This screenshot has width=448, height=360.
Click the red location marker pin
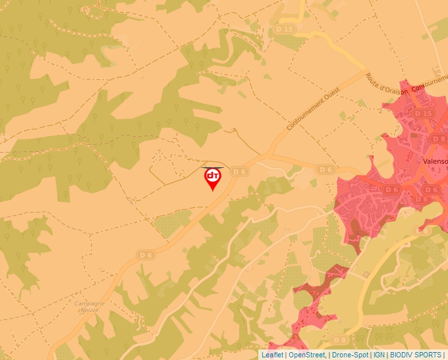click(x=212, y=178)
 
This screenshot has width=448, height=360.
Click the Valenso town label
click(x=435, y=160)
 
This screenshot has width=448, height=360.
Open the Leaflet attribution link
click(x=272, y=355)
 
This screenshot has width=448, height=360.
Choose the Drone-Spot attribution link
click(x=350, y=355)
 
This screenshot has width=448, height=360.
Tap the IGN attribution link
click(x=379, y=355)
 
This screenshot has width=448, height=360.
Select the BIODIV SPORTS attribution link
click(x=416, y=355)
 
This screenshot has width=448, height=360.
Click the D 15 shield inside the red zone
click(x=424, y=113)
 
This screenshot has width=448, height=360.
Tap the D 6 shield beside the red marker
click(x=239, y=172)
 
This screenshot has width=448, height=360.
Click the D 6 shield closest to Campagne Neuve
click(x=145, y=254)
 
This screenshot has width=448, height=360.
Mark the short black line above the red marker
click(x=212, y=167)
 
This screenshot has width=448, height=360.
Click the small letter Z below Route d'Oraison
click(x=381, y=109)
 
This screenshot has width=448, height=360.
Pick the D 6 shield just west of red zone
click(x=325, y=169)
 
